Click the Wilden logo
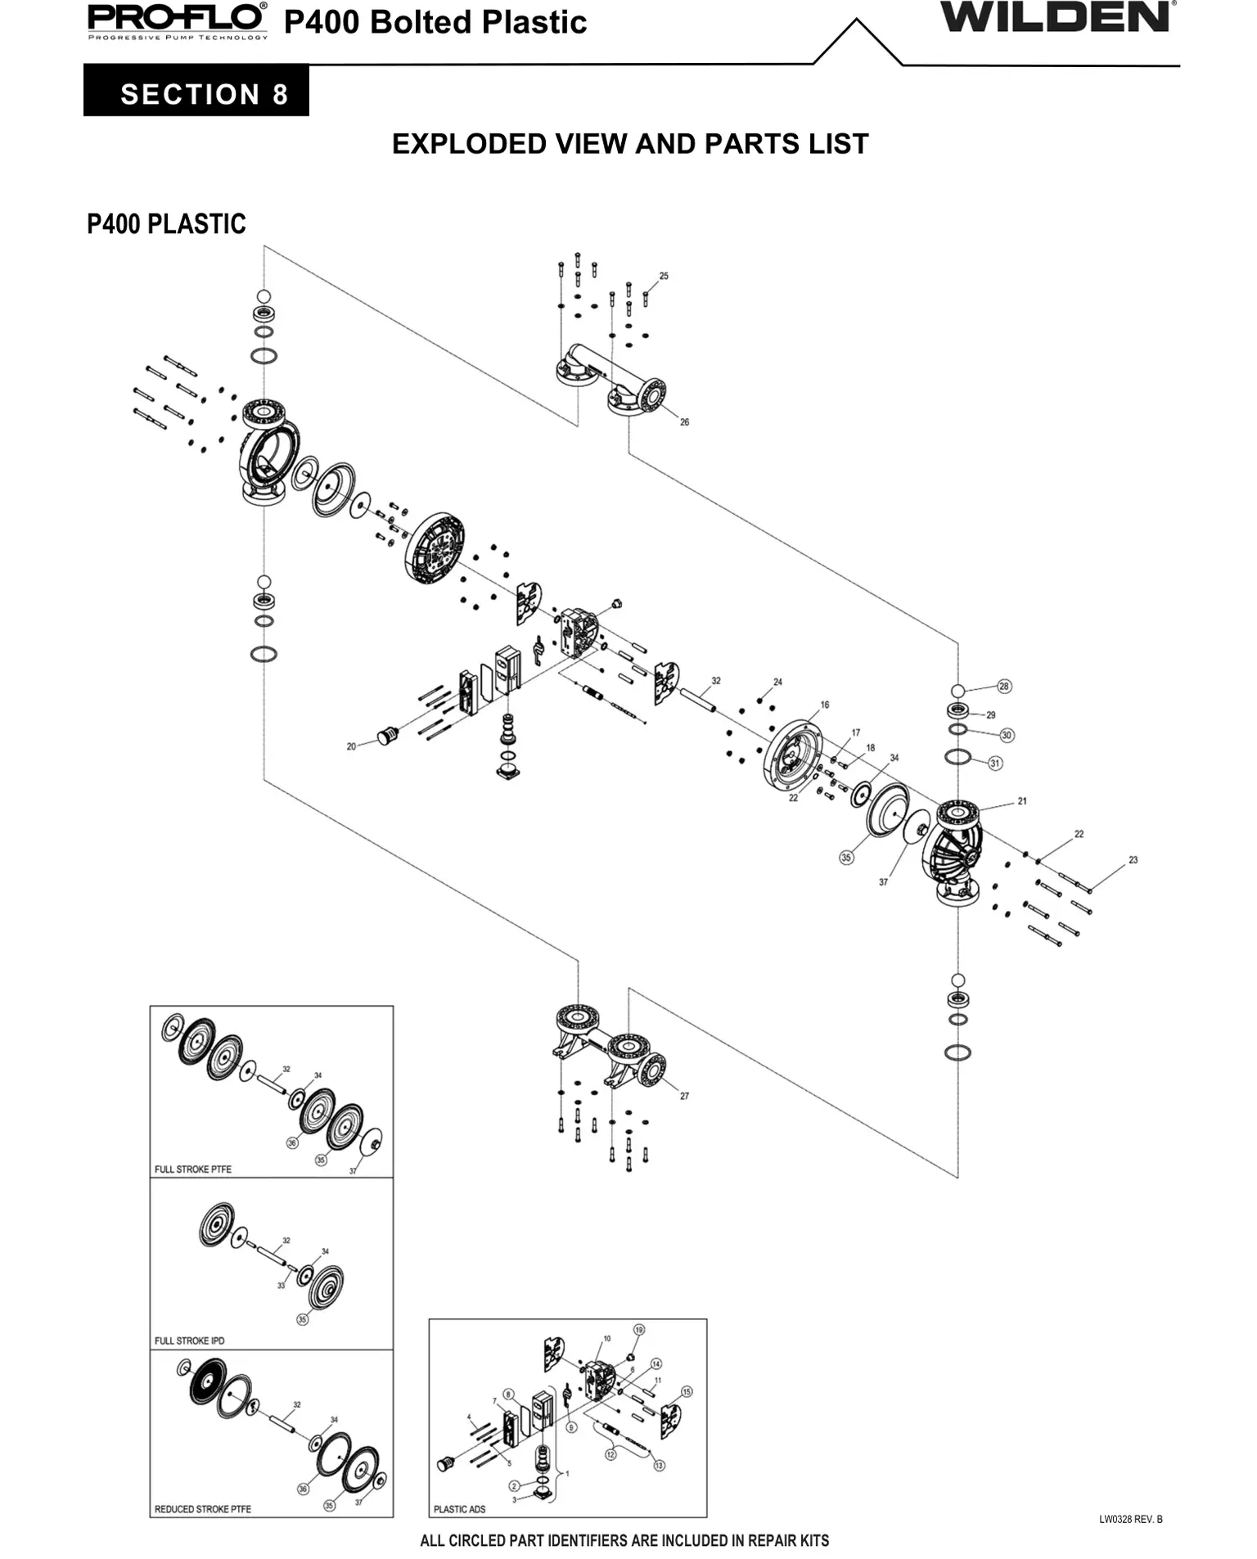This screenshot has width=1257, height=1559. [x=1056, y=18]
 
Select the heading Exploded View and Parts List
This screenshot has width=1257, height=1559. [x=629, y=144]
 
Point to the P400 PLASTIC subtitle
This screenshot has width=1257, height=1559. [x=166, y=224]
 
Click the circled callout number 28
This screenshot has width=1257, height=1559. [x=1004, y=686]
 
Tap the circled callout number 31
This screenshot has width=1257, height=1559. [x=995, y=763]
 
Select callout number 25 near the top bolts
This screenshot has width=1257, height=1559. [x=664, y=276]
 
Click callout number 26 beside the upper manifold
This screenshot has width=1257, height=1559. [x=684, y=422]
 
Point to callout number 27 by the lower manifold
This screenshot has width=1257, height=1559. [x=684, y=1096]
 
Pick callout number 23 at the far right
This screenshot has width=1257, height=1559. [x=1133, y=859]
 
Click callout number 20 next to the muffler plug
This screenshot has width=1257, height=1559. [x=351, y=746]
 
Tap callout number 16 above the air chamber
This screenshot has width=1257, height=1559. [x=824, y=705]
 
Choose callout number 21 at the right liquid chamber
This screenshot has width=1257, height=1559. [x=1022, y=801]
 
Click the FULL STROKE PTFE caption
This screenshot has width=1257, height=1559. [x=193, y=1169]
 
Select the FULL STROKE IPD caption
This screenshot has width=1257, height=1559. [x=189, y=1340]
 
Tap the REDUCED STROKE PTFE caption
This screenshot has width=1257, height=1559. [x=202, y=1509]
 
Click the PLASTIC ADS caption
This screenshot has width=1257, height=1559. [x=459, y=1509]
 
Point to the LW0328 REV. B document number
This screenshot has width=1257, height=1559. [x=1130, y=1520]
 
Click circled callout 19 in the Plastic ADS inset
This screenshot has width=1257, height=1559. [x=639, y=1330]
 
